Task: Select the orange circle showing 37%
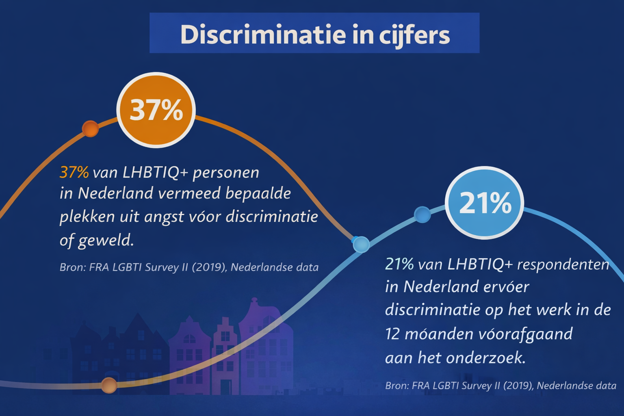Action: click(x=156, y=110)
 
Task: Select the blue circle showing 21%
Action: click(x=484, y=203)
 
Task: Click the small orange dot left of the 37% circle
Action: click(x=90, y=129)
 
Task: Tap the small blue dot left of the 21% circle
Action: click(x=422, y=214)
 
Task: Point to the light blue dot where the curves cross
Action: click(x=361, y=244)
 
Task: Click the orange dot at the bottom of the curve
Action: click(x=108, y=385)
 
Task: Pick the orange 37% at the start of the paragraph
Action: click(x=74, y=172)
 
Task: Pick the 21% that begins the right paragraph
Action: click(x=399, y=264)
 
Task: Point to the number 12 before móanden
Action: click(x=392, y=334)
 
